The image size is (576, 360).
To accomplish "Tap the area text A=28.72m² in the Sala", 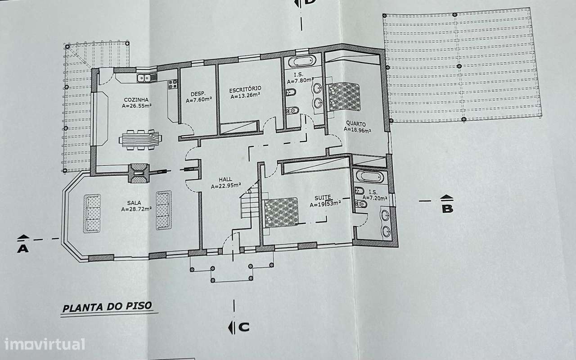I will [x=136, y=209].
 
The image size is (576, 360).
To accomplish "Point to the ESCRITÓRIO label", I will [x=245, y=89].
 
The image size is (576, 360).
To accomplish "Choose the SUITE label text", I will [x=324, y=197].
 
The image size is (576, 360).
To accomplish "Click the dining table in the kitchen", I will [x=140, y=140].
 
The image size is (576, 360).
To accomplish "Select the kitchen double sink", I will [x=145, y=78].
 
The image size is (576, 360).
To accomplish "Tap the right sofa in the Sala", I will [x=163, y=210].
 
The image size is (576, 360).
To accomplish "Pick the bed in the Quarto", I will [x=344, y=96].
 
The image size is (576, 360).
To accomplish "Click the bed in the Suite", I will [x=281, y=211].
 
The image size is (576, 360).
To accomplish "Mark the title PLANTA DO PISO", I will [x=107, y=308].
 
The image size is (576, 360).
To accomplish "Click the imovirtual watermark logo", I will [x=44, y=344].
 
